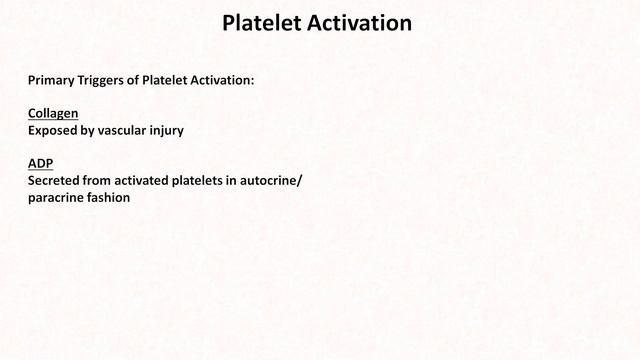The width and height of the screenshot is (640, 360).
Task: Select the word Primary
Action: pyautogui.click(x=52, y=78)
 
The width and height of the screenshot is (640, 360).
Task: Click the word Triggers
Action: pyautogui.click(x=110, y=78)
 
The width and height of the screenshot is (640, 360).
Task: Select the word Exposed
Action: pyautogui.click(x=54, y=130)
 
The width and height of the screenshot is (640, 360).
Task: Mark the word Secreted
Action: pyautogui.click(x=56, y=182)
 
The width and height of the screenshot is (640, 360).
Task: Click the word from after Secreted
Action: pyautogui.click(x=105, y=182)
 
